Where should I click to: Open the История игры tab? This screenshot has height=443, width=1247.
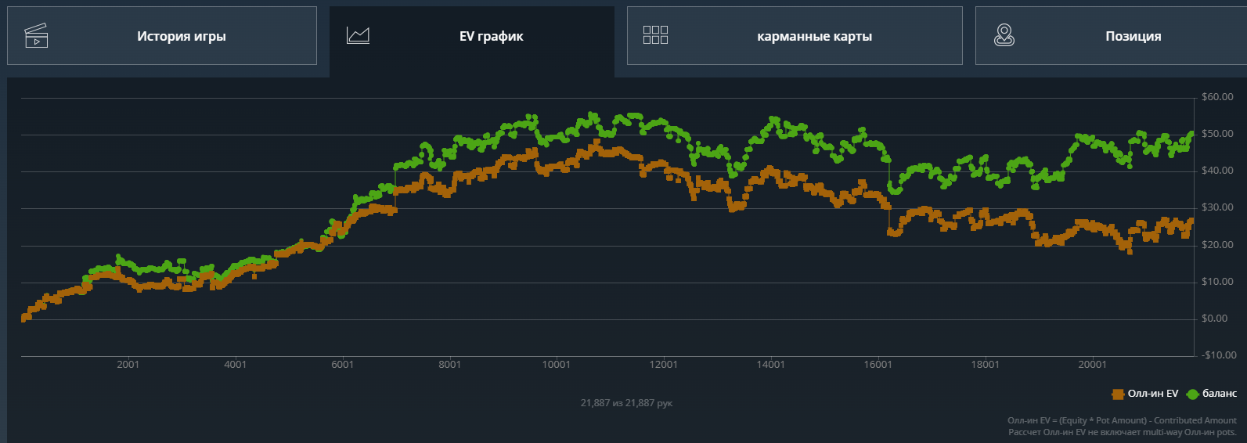pos(181,36)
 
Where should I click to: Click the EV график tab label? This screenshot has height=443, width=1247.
pos(491,36)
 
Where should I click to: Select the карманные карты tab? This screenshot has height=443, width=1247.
pos(814,36)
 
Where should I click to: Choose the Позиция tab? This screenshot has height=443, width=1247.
pos(1133,36)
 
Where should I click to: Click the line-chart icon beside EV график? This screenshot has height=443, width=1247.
pos(358,35)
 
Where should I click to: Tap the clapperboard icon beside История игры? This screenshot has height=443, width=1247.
pos(36,36)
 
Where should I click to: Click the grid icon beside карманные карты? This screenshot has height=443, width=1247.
pos(655,35)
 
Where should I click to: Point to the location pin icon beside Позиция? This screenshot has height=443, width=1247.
pos(1004,35)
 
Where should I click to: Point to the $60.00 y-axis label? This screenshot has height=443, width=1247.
pos(1217,97)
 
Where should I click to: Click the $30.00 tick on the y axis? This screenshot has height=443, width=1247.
pos(1217,207)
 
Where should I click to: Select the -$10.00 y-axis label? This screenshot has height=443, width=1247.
pos(1219,355)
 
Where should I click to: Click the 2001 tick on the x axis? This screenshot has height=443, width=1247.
pos(128,365)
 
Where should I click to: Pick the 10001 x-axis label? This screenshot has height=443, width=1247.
pos(557,365)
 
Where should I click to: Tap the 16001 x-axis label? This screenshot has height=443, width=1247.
pos(878,365)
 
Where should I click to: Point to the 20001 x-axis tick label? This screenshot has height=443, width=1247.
pos(1093,365)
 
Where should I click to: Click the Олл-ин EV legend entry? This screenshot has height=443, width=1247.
pos(1145,394)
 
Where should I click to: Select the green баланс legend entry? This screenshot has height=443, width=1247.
pos(1212,394)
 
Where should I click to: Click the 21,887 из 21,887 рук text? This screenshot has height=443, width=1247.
pos(626,403)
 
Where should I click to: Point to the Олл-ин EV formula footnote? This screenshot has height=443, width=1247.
pos(1122,420)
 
